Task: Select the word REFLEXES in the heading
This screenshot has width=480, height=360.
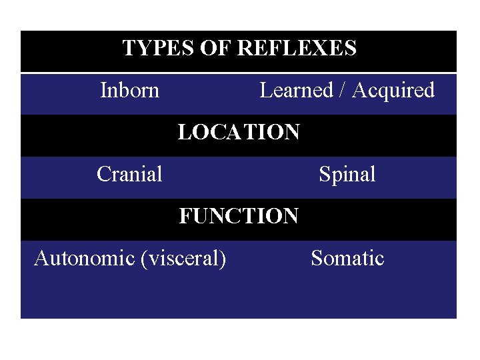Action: [297, 49]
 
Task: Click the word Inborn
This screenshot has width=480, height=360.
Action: [129, 90]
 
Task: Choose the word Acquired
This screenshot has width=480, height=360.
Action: [393, 90]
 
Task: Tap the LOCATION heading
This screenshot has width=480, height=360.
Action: [239, 132]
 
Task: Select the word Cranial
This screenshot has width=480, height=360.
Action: [129, 174]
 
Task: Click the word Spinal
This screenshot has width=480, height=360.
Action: [347, 174]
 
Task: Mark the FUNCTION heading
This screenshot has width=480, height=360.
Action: [239, 216]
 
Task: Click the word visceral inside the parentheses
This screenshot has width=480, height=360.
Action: [182, 258]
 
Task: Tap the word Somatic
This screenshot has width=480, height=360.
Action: [347, 258]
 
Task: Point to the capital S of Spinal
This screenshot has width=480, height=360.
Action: [325, 174]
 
